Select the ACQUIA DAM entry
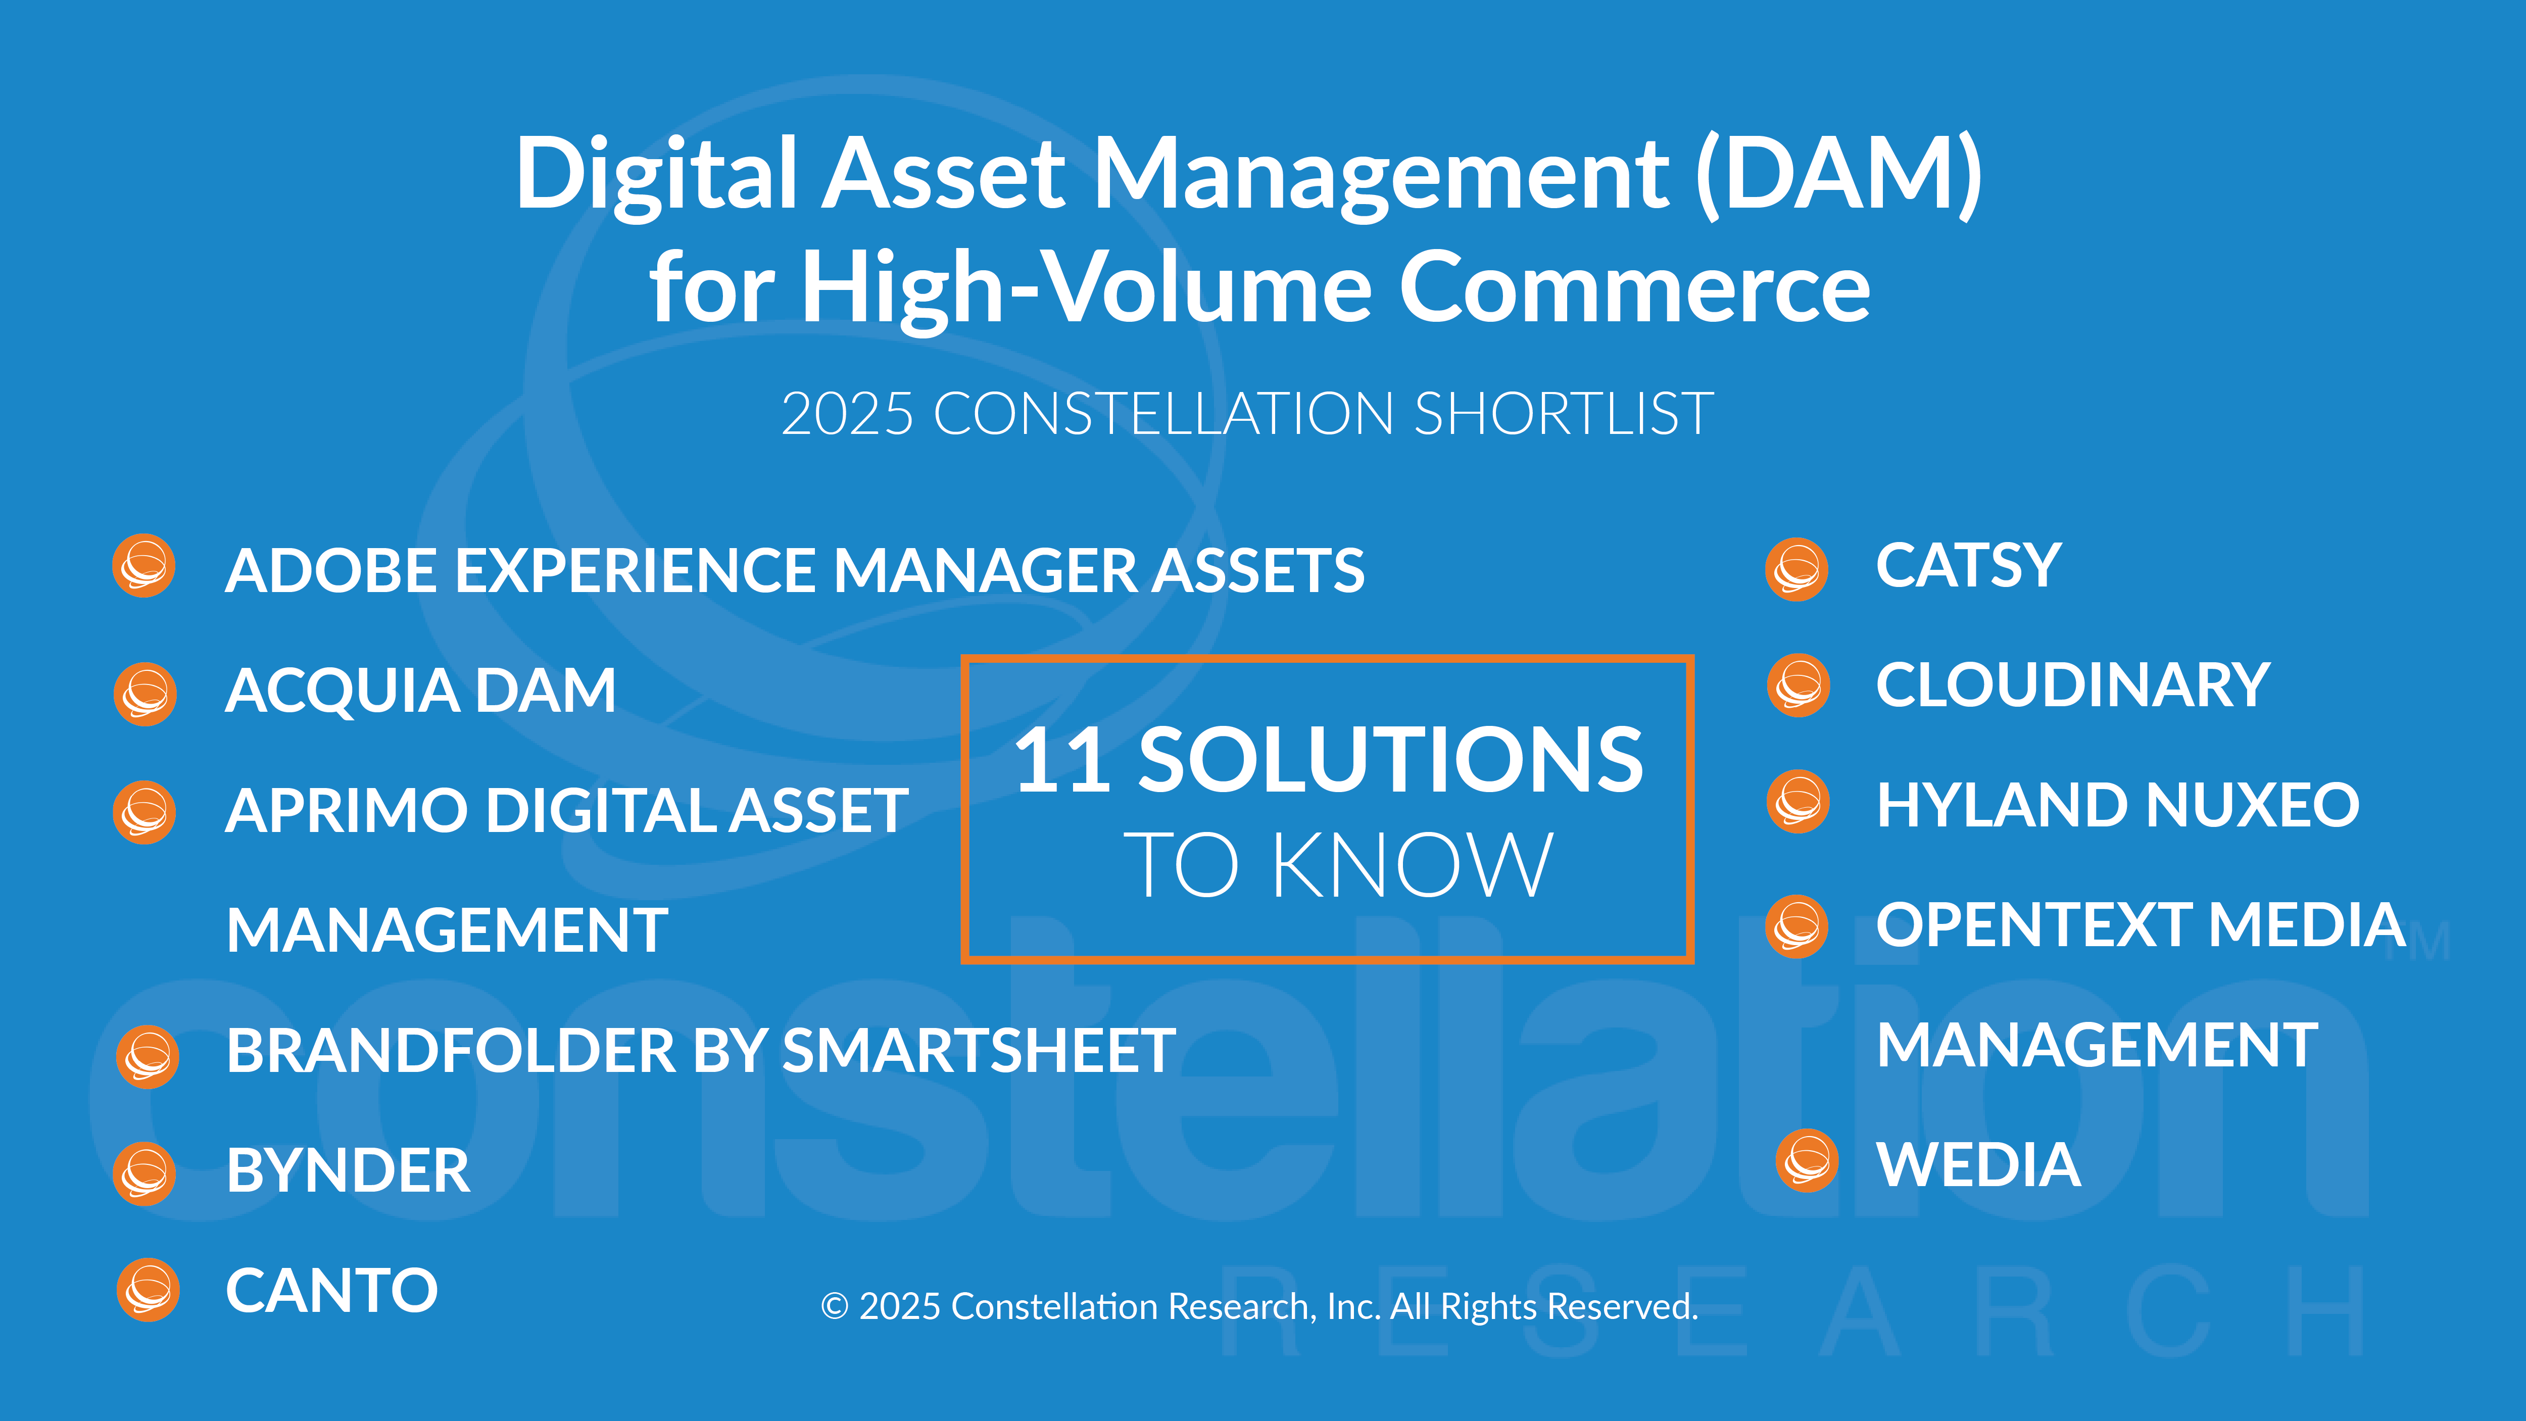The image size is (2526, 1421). pos(421,691)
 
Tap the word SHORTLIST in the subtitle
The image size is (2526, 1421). pos(1563,413)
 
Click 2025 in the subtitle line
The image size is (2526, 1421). pos(847,413)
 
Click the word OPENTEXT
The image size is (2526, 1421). pos(2033,925)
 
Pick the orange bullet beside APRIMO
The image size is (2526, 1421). pos(144,812)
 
